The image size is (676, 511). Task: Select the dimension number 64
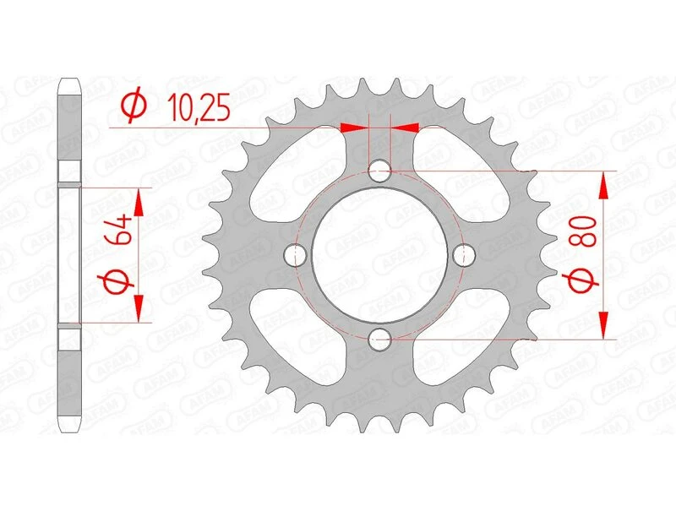pyautogui.click(x=118, y=228)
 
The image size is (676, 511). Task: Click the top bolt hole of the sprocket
pyautogui.click(x=380, y=171)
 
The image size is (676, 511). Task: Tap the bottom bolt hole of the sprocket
pyautogui.click(x=380, y=339)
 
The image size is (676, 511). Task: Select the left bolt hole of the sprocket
pyautogui.click(x=296, y=254)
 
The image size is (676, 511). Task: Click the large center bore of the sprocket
pyautogui.click(x=380, y=254)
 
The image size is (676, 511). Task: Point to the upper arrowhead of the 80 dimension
pyautogui.click(x=603, y=182)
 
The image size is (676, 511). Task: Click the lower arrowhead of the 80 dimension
pyautogui.click(x=603, y=327)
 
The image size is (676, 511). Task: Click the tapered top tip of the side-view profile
pyautogui.click(x=69, y=85)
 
